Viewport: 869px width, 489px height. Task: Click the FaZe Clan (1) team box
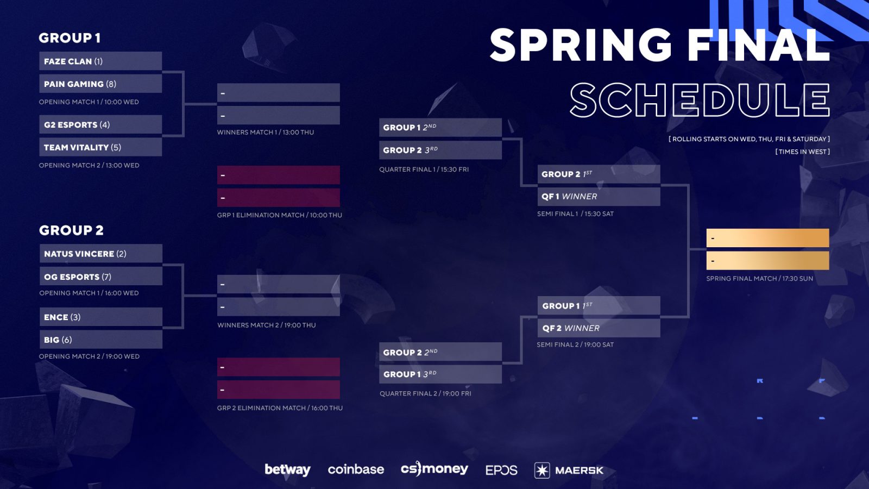(x=100, y=61)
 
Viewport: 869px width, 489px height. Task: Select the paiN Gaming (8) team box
(x=100, y=84)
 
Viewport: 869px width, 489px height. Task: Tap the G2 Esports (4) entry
(x=100, y=124)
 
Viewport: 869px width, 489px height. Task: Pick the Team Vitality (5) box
(x=100, y=147)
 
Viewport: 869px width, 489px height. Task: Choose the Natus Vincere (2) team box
(x=101, y=253)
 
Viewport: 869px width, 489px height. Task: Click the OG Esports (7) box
(x=101, y=276)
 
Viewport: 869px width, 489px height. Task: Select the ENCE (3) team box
(x=101, y=317)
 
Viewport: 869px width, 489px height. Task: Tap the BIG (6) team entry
(x=101, y=339)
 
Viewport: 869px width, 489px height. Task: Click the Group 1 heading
(x=70, y=37)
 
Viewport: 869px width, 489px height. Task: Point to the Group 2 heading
(x=71, y=230)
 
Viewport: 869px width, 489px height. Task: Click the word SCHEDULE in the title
(x=700, y=100)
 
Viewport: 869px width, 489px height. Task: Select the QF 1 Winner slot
(x=599, y=196)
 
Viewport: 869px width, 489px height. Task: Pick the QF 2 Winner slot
(x=599, y=328)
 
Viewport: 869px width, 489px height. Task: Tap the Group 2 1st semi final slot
(x=599, y=174)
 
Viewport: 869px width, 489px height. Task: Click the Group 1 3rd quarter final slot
(x=440, y=374)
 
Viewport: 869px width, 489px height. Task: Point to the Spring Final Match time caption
(x=760, y=278)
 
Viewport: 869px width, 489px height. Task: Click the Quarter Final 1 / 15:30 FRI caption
(x=424, y=169)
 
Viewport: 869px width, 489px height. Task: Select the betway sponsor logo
(x=287, y=469)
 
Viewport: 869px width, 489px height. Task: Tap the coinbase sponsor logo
(x=356, y=469)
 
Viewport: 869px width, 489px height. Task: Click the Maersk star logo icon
(x=542, y=470)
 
